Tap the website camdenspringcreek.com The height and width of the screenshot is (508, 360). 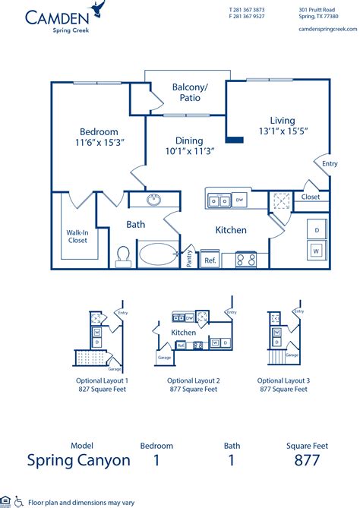[328, 29]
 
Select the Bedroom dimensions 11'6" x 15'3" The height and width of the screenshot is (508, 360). [99, 142]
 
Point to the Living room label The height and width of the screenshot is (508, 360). [282, 120]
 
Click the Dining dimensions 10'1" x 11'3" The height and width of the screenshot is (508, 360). [189, 150]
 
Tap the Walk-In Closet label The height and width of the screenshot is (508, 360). [77, 235]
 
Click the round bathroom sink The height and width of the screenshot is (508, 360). [155, 200]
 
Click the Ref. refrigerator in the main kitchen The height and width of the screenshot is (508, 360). [210, 260]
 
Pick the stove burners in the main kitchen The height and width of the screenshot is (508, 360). [245, 259]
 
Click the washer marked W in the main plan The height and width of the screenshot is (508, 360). [315, 249]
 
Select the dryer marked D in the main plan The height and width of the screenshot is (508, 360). [315, 229]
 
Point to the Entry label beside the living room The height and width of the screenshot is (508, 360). [330, 164]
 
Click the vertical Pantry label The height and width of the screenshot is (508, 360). [188, 258]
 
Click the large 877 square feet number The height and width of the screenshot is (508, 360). [306, 460]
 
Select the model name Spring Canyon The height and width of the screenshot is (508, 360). [79, 460]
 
